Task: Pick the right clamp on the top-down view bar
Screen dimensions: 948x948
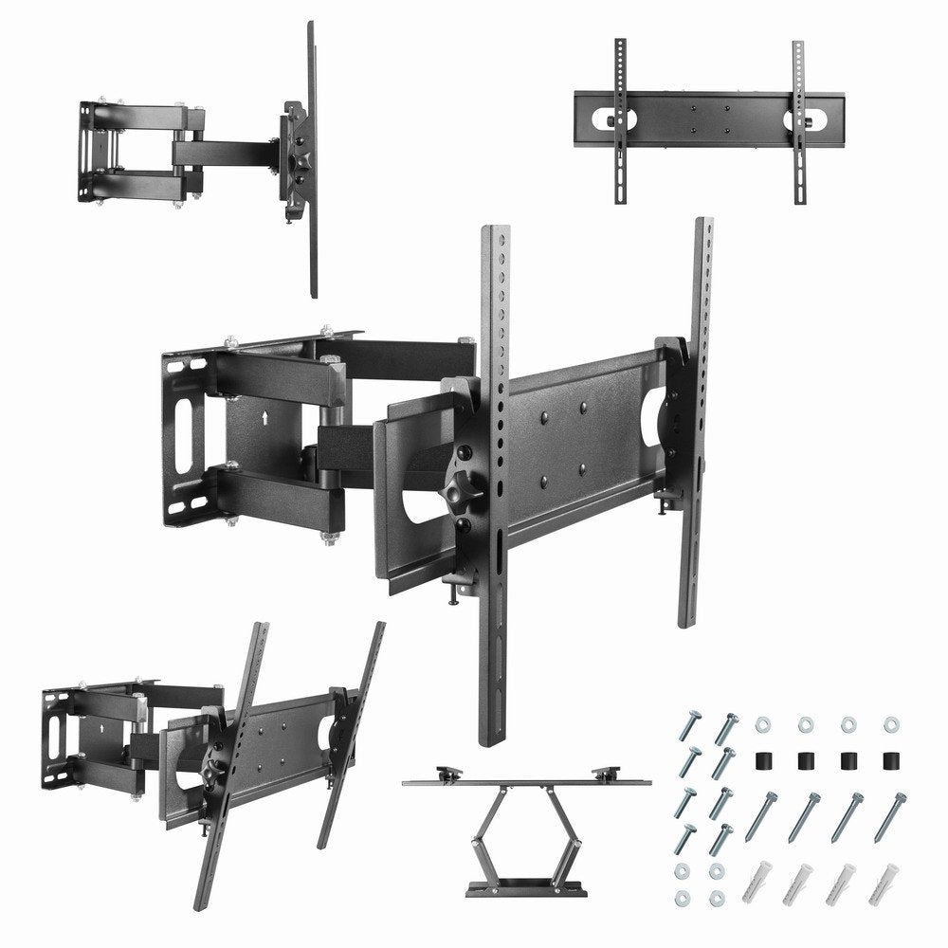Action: pyautogui.click(x=606, y=771)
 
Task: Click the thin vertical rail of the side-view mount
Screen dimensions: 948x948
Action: pyautogui.click(x=312, y=156)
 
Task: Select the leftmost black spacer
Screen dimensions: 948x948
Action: pyautogui.click(x=760, y=761)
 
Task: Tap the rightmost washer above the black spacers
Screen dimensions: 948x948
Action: pyautogui.click(x=890, y=725)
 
